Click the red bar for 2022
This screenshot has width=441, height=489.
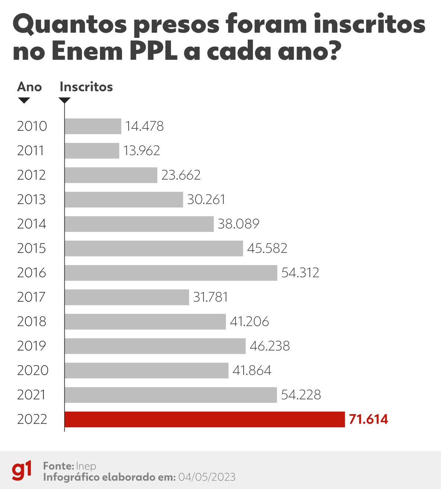click(205, 419)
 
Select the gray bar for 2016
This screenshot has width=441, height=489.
click(171, 273)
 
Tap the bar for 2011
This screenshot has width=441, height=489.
click(92, 151)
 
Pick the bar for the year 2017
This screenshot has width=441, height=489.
click(127, 297)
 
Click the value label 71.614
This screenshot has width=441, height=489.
click(368, 419)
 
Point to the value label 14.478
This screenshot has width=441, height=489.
click(144, 126)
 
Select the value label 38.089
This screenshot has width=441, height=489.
click(239, 224)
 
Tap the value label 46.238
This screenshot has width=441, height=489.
click(270, 346)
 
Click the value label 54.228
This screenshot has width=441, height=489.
click(301, 395)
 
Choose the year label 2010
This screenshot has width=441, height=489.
click(32, 126)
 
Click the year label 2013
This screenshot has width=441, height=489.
click(31, 199)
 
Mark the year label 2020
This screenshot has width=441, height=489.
click(33, 370)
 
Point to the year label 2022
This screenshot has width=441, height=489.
click(32, 419)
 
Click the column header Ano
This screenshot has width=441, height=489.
click(29, 87)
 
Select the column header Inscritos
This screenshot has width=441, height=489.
click(86, 87)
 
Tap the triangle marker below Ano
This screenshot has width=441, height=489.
click(24, 100)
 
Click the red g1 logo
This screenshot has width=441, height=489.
click(22, 470)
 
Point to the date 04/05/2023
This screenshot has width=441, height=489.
click(207, 477)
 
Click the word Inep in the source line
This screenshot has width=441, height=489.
click(86, 466)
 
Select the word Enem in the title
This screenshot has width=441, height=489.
click(87, 51)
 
